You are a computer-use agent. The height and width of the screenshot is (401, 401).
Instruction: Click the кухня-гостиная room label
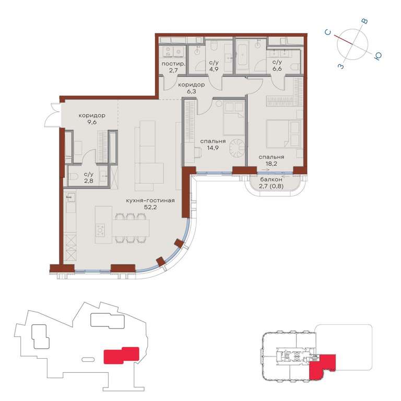click(x=150, y=200)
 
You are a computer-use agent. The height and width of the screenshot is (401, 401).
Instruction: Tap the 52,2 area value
click(x=150, y=207)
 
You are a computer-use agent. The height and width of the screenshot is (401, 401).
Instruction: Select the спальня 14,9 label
click(x=213, y=144)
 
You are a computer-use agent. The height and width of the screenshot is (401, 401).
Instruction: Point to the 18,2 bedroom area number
click(x=271, y=163)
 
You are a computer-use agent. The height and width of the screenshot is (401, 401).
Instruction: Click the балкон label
click(x=271, y=180)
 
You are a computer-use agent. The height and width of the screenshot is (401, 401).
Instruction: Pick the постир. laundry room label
click(x=173, y=64)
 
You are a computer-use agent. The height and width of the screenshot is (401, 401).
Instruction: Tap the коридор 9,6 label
click(x=92, y=119)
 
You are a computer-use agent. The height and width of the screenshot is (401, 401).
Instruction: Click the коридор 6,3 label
click(x=191, y=88)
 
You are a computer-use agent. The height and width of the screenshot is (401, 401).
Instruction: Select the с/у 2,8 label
click(x=89, y=178)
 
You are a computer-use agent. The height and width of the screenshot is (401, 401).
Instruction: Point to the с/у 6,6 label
click(x=277, y=65)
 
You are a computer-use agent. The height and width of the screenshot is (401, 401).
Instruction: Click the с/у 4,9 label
click(x=214, y=65)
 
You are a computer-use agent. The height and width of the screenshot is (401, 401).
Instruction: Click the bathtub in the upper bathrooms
click(x=242, y=55)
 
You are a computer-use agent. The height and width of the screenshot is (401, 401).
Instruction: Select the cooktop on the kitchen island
click(x=100, y=230)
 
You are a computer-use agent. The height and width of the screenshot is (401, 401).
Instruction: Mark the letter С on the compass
click(x=328, y=32)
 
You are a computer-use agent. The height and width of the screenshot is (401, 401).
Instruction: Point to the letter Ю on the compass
click(x=378, y=56)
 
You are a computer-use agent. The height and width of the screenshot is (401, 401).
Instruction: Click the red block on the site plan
click(x=121, y=355)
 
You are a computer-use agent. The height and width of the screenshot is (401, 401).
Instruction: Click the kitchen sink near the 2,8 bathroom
click(x=71, y=197)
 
